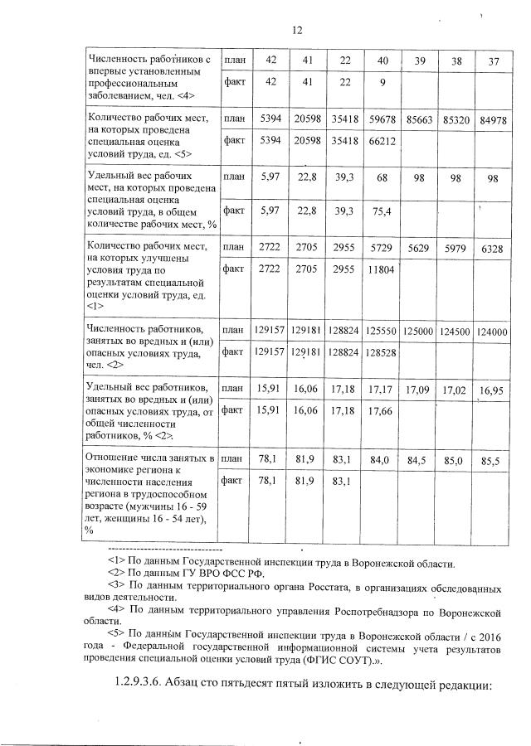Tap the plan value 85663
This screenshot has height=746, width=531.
pyautogui.click(x=421, y=120)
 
